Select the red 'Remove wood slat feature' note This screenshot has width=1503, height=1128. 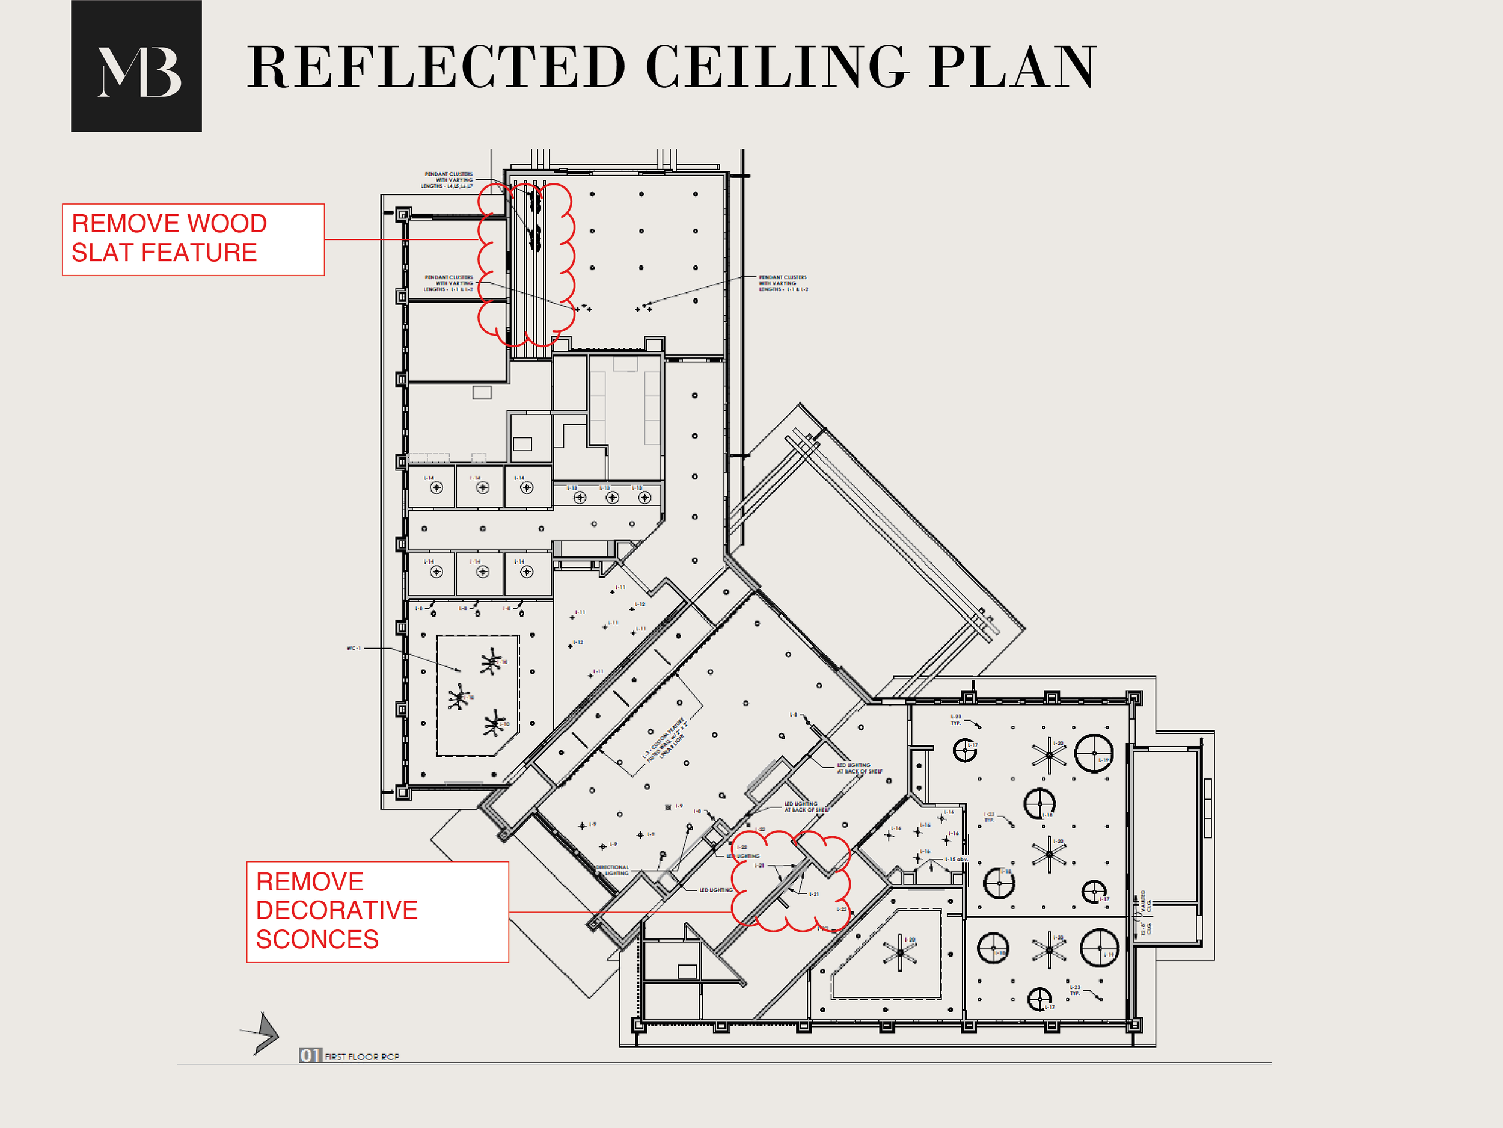(x=193, y=239)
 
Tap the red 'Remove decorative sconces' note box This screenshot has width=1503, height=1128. (x=377, y=911)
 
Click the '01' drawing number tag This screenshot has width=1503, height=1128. (x=310, y=1055)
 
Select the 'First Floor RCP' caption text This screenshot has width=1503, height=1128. (x=361, y=1056)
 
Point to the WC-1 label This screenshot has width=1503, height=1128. (x=354, y=648)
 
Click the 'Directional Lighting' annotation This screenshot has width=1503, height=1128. (x=612, y=871)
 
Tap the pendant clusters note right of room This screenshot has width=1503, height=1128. (x=783, y=283)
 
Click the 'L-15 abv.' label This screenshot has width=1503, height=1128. (x=956, y=860)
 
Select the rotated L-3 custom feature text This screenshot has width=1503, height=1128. (x=666, y=741)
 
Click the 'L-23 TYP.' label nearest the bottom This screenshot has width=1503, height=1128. (x=1075, y=990)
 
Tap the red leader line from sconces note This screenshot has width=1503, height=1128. (x=618, y=912)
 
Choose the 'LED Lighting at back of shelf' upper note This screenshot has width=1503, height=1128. (x=859, y=768)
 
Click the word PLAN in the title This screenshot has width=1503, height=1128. (x=1012, y=67)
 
